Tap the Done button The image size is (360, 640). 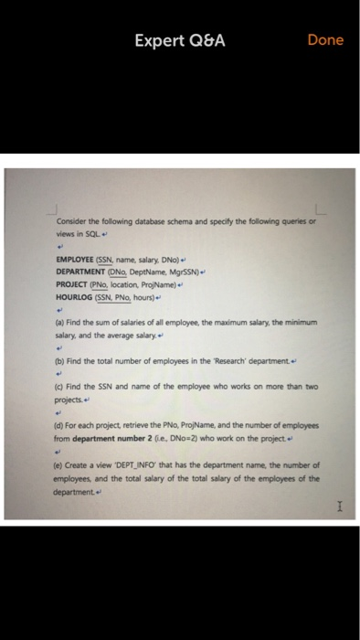click(325, 40)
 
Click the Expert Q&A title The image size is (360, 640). click(180, 40)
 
